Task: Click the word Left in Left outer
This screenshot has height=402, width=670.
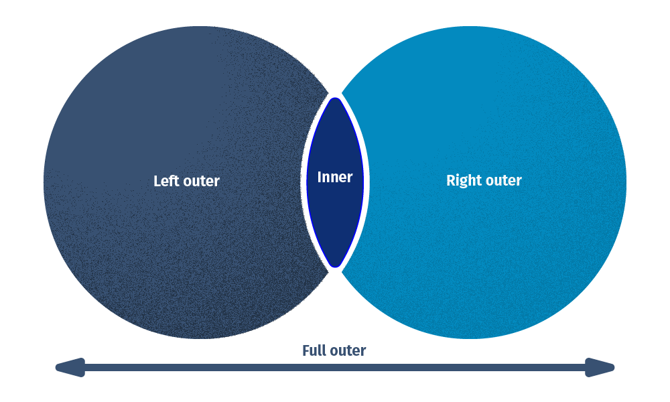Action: pyautogui.click(x=167, y=181)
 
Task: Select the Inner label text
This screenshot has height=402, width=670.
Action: pyautogui.click(x=334, y=178)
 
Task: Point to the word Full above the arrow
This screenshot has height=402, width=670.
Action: pyautogui.click(x=314, y=350)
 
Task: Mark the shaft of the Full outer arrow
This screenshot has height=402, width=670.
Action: pyautogui.click(x=335, y=367)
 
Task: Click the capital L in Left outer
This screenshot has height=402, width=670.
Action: pyautogui.click(x=157, y=181)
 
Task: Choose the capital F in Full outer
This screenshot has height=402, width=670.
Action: pyautogui.click(x=306, y=350)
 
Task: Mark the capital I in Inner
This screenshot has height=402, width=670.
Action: pyautogui.click(x=320, y=178)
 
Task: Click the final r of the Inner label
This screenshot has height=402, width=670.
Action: pyautogui.click(x=350, y=179)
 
